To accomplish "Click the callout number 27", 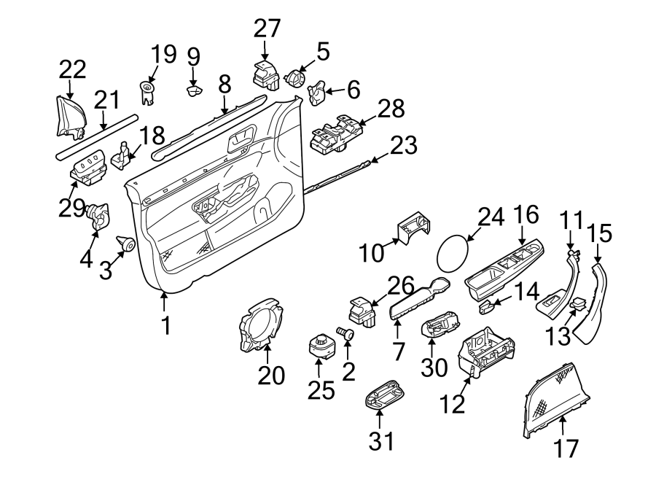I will (267, 29).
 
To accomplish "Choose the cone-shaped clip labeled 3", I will (126, 244).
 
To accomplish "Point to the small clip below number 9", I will (194, 90).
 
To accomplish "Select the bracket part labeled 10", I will (414, 228).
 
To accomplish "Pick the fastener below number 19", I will (147, 92).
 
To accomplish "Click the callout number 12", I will (453, 402).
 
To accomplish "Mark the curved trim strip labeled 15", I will (593, 303).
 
